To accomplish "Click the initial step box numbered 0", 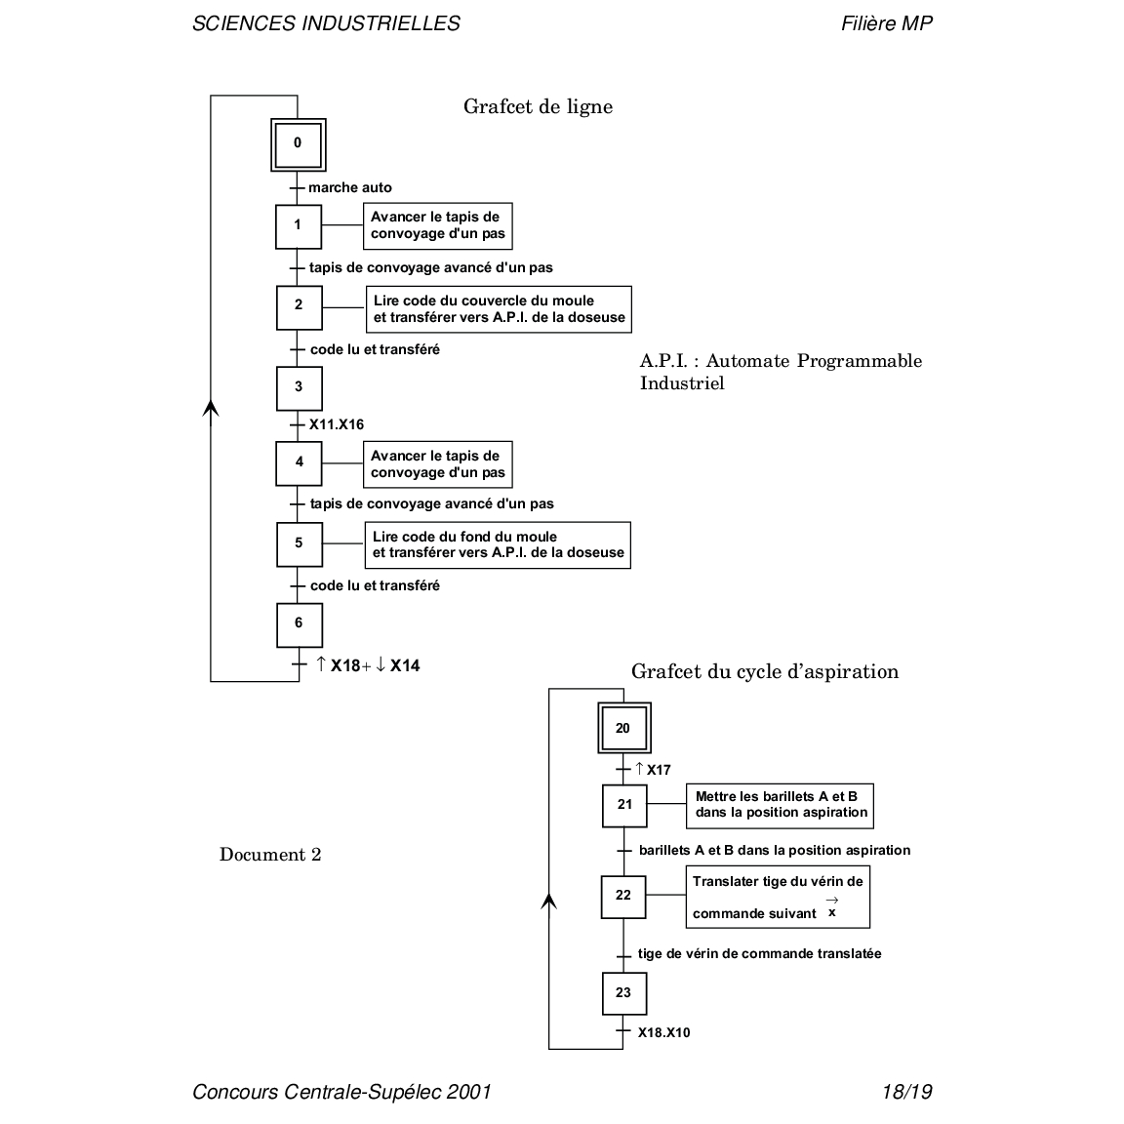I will [298, 144].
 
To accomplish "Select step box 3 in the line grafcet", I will [299, 387].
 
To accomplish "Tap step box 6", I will [299, 624].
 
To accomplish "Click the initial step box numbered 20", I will [623, 729].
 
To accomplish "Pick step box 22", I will [623, 896].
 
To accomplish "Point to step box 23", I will [623, 994].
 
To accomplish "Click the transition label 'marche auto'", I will [350, 187].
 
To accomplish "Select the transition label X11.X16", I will [337, 424].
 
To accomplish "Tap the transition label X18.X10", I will [663, 1032].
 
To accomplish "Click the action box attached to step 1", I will [437, 225].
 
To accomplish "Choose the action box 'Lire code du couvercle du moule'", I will [498, 309].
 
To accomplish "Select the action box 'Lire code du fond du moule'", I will [498, 545].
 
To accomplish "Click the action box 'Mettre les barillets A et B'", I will [780, 805].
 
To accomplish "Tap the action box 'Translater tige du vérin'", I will [778, 897].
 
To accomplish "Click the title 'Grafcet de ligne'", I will [538, 106].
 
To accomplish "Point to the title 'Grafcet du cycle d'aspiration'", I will [765, 671].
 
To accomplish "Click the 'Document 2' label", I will [270, 855].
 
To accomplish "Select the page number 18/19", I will [906, 1092].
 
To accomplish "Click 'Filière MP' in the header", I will [886, 23].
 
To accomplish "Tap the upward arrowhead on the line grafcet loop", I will [211, 406].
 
